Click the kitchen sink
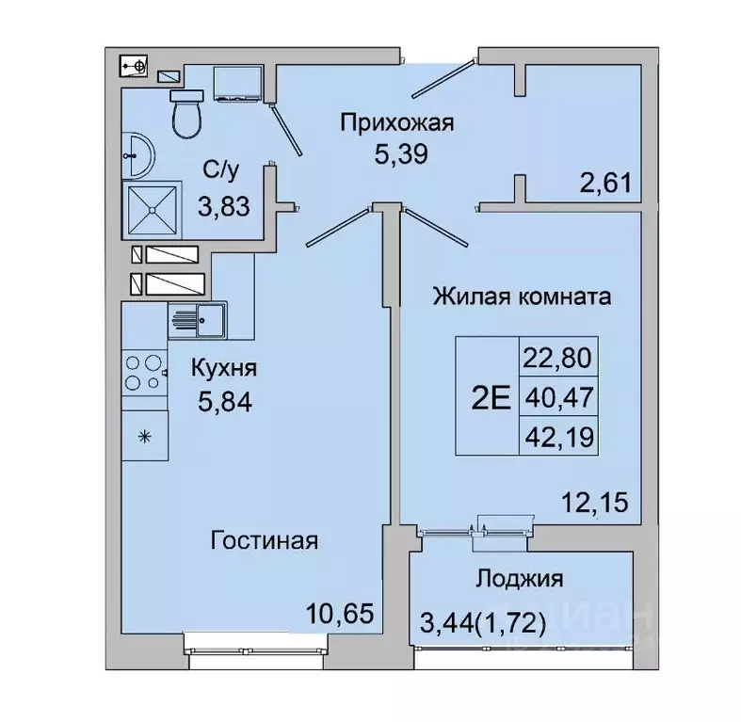197,319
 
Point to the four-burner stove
143,372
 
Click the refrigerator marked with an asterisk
144,435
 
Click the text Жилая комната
522,297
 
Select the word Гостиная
265,541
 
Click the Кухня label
224,368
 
